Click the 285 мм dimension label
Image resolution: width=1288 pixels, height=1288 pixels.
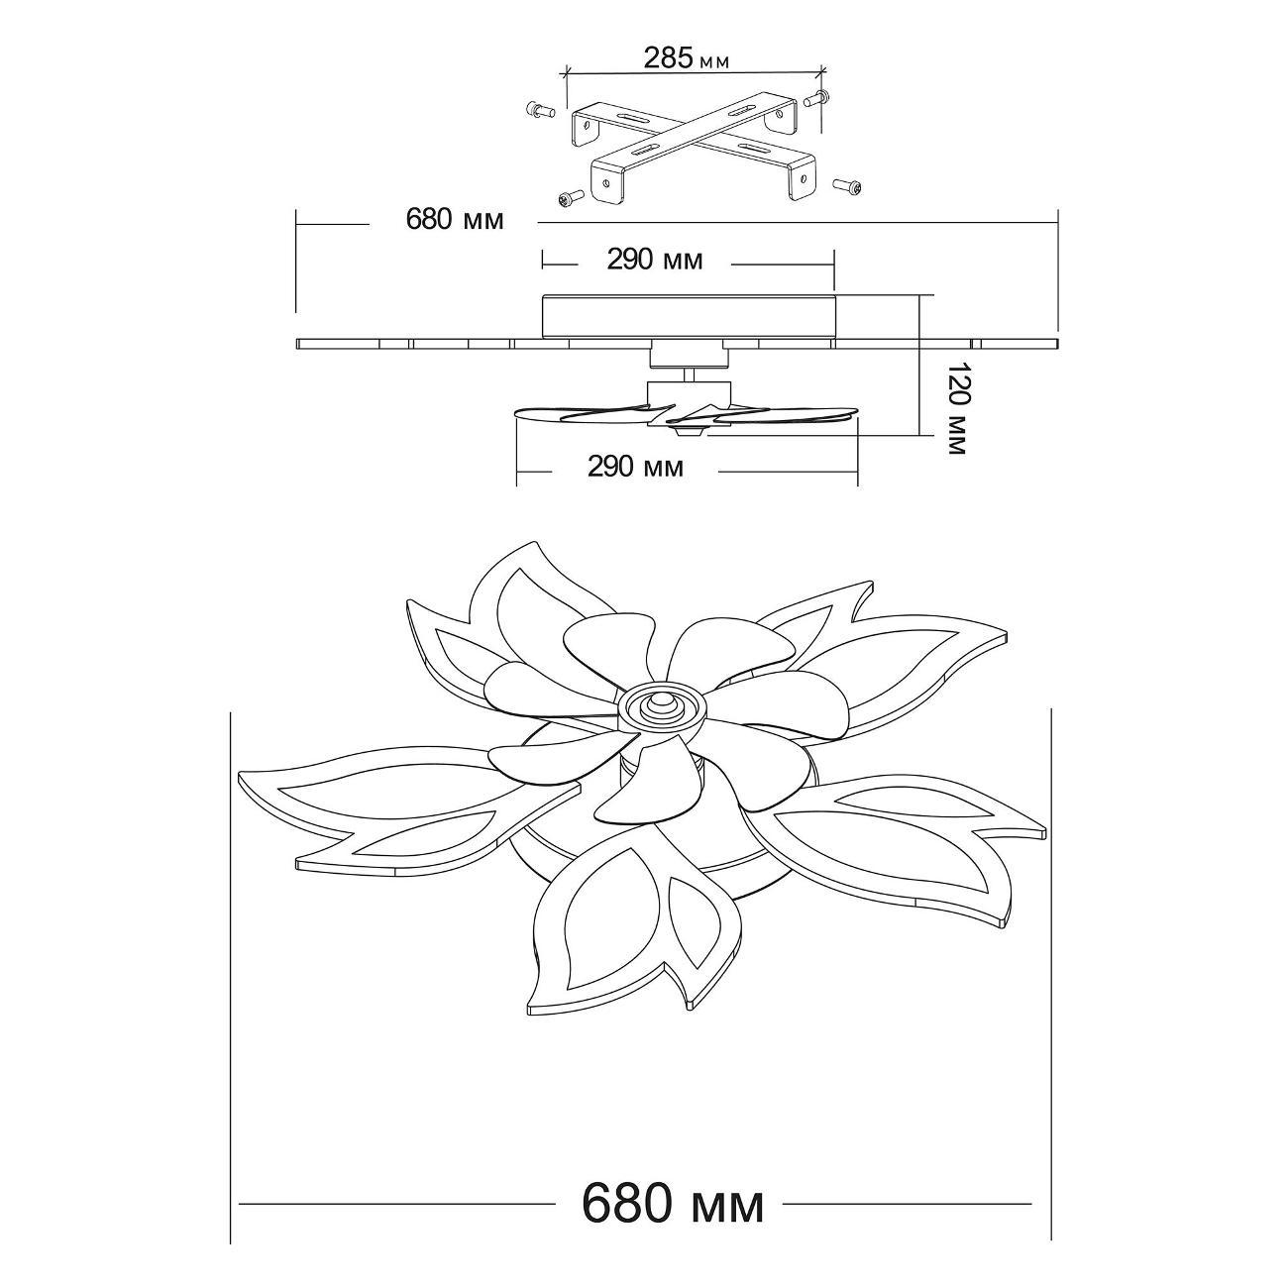coord(686,58)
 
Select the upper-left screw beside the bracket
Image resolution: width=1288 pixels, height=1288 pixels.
coord(541,109)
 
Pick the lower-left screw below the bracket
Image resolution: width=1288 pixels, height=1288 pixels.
coord(570,198)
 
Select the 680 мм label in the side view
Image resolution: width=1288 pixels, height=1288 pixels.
coord(455,219)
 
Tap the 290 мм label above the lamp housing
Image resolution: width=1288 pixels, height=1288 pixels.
coord(655,260)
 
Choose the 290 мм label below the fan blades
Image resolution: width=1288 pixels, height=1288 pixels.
coord(636,467)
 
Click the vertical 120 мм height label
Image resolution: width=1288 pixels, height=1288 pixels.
coord(957,409)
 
